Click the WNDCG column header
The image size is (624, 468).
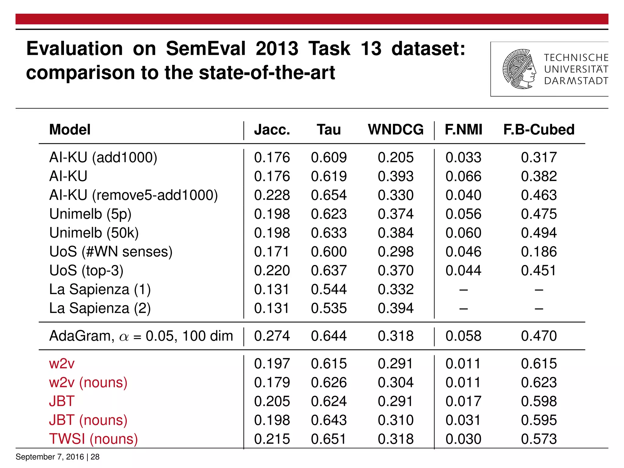395,129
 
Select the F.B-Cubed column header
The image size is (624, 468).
539,129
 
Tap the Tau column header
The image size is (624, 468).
328,129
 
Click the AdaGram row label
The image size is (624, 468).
141,336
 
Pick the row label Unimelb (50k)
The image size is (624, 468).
94,233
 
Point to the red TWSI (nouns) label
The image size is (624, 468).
94,439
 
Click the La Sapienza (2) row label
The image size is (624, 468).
100,308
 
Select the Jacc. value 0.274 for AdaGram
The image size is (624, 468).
272,336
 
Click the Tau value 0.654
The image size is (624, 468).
328,195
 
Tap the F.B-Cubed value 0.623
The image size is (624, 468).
539,383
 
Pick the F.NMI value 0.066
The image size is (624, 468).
463,176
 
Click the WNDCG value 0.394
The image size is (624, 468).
395,308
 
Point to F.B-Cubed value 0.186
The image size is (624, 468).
539,252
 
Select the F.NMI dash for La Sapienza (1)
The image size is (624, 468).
463,290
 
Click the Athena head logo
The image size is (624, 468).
519,69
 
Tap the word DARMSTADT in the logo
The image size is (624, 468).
576,81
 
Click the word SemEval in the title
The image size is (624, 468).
206,49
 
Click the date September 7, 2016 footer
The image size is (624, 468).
49,457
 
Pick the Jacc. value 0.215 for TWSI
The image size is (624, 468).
272,439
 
